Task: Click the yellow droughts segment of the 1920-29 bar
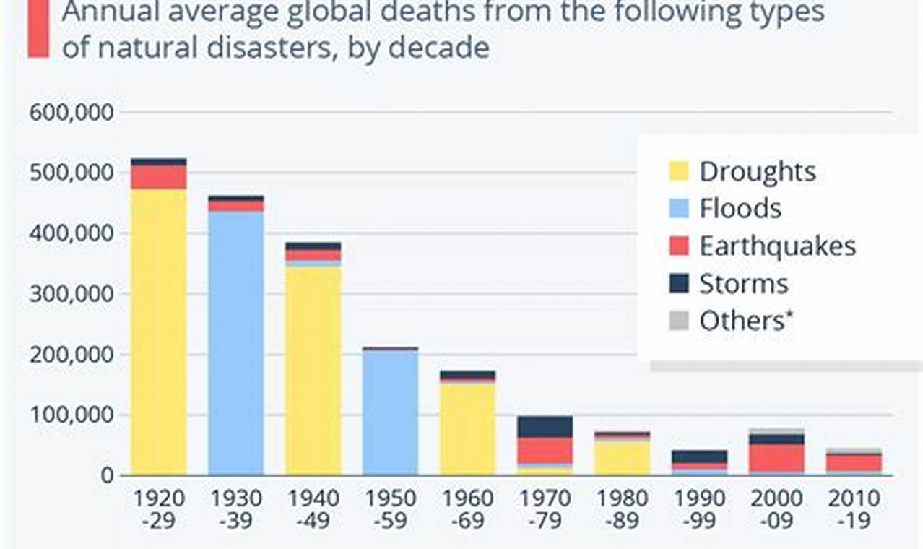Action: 159,332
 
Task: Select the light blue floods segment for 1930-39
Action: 236,343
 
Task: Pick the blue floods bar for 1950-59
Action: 390,412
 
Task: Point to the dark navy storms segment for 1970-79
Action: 545,427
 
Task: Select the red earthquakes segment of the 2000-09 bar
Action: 776,457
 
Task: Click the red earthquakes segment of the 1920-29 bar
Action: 159,177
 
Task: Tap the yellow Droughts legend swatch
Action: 679,171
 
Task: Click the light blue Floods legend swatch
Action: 679,209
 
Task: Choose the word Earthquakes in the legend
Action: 777,246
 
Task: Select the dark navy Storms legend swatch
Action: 679,283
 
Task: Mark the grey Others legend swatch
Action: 679,321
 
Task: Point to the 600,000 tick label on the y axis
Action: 71,113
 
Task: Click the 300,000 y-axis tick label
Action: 71,294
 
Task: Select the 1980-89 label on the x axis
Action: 622,509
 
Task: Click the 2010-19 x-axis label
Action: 854,509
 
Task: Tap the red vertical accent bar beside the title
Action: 38,29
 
